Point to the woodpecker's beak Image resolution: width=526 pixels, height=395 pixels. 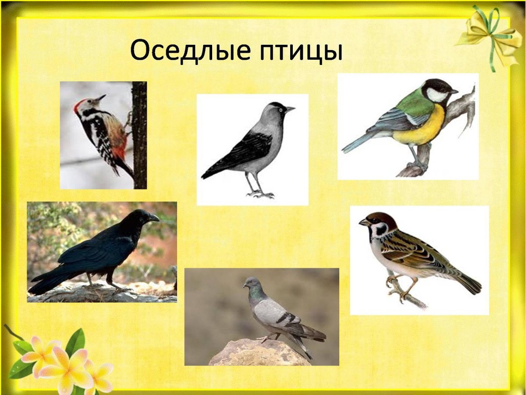coord(101,97)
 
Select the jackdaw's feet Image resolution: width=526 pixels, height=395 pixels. coord(261,194)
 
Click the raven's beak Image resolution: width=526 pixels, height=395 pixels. coord(154,218)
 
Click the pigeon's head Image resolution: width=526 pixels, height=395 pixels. coord(250,283)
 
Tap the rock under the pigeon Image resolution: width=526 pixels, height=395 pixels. coord(259,353)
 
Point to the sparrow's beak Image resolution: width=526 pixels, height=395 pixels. coord(363,223)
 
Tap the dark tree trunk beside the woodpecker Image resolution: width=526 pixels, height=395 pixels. coord(139,136)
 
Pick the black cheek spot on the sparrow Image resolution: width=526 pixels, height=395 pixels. coord(380,229)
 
